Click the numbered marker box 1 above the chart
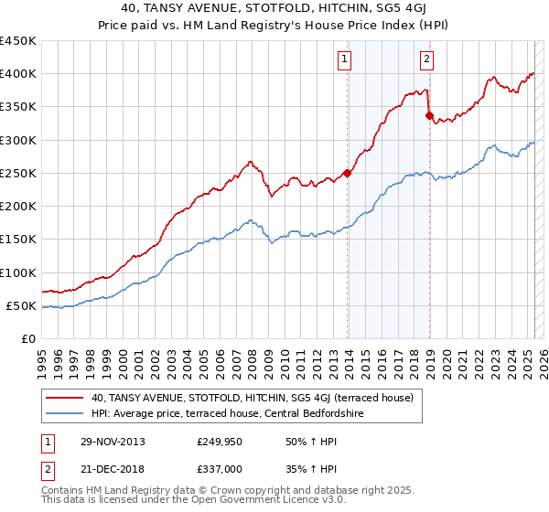[344, 60]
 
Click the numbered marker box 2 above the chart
[427, 60]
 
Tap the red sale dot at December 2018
[429, 115]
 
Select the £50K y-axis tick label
[21, 305]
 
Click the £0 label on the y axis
[28, 338]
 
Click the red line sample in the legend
[65, 398]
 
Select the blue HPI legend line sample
[65, 413]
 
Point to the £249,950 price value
[219, 442]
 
